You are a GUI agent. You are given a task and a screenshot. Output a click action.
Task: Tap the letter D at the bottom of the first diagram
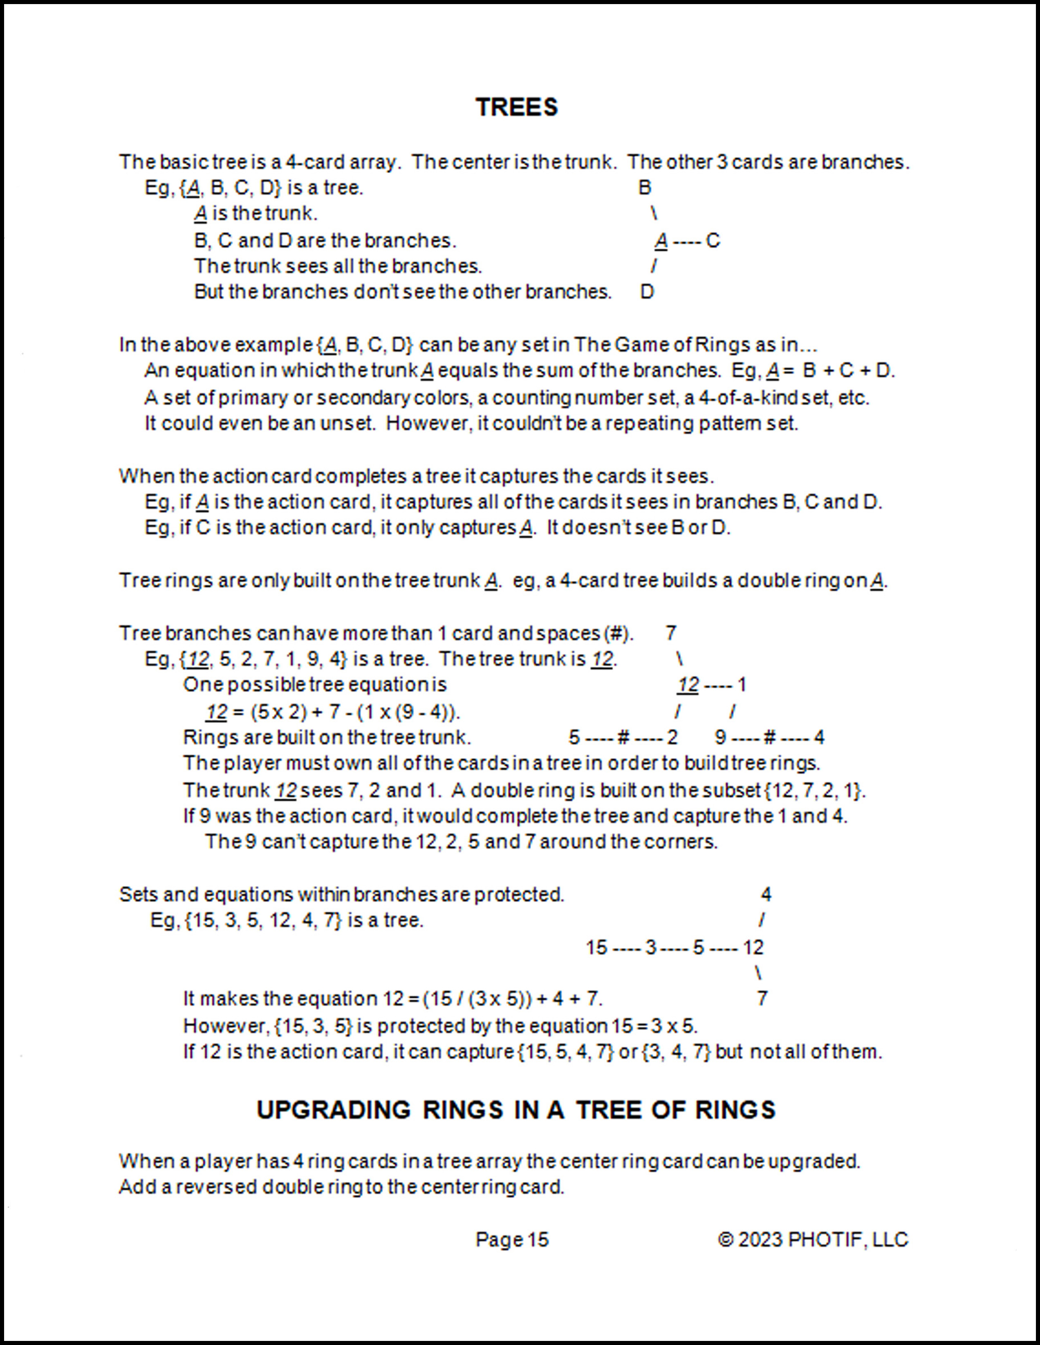[x=646, y=291]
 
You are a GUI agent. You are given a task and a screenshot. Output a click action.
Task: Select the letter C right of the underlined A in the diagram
[x=713, y=240]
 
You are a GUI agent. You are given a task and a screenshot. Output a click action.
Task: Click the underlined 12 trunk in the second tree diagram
[x=688, y=685]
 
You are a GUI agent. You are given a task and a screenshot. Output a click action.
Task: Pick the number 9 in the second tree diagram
[x=721, y=737]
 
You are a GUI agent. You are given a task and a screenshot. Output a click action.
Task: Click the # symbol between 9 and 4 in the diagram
[x=769, y=737]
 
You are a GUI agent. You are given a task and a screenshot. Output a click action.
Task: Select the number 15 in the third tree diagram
[x=596, y=947]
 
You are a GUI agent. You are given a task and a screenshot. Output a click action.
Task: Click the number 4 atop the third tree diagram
[x=766, y=894]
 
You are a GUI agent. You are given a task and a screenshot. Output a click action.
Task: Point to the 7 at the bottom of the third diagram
[x=762, y=998]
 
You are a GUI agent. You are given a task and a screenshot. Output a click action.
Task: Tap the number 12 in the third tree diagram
[x=753, y=947]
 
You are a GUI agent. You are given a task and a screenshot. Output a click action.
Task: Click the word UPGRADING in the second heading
[x=333, y=1110]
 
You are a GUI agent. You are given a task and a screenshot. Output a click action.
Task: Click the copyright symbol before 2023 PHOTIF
[x=726, y=1240]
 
